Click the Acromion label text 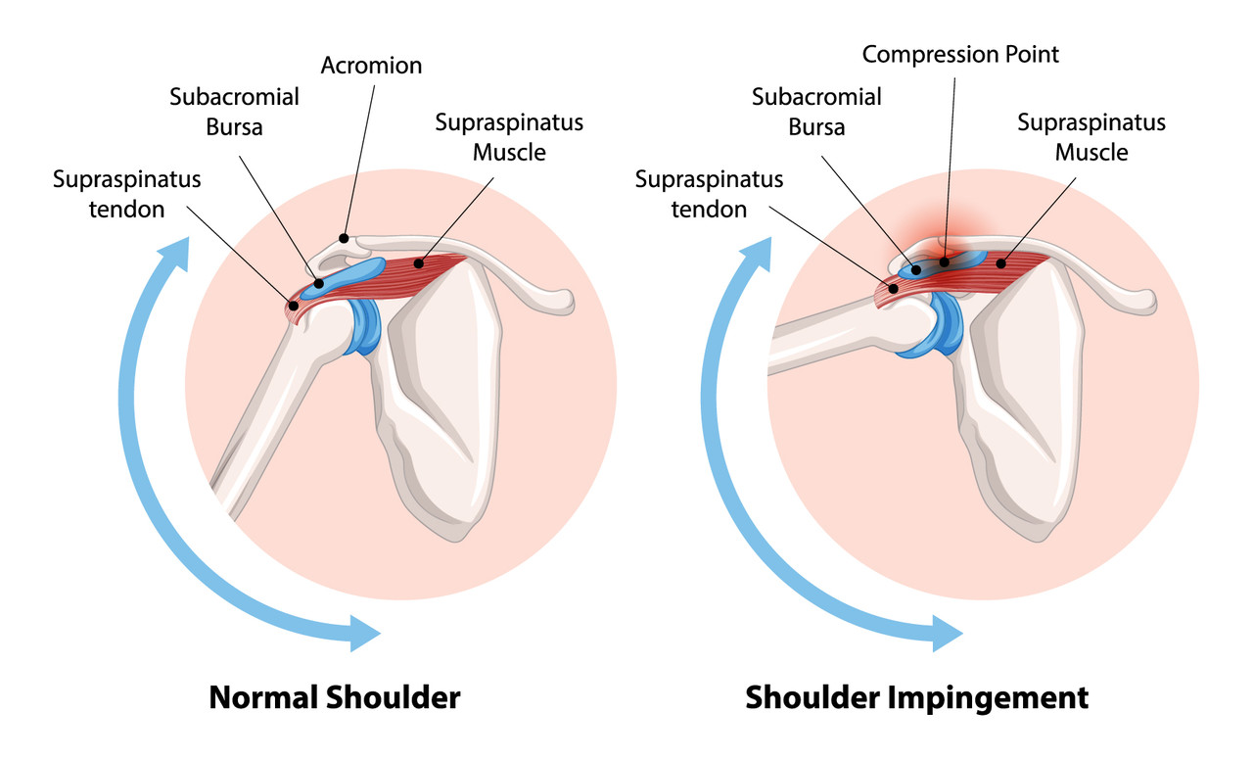point(371,66)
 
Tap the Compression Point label point(960,55)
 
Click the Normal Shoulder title point(335,697)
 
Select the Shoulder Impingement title point(917,698)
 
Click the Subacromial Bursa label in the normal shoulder point(234,112)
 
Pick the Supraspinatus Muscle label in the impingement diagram point(1091,137)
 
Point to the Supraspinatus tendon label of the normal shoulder point(126,194)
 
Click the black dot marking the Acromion point(344,238)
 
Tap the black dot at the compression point point(945,261)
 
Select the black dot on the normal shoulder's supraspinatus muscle point(418,263)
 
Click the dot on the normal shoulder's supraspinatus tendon point(293,306)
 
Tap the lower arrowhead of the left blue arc point(364,633)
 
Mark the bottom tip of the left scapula point(457,540)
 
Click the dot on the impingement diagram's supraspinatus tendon point(894,289)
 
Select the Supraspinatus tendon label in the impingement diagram point(709,194)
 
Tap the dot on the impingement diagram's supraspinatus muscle point(1000,263)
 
